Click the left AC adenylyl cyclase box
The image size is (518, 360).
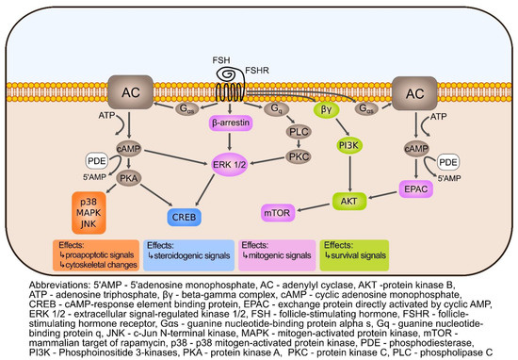click(x=129, y=95)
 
